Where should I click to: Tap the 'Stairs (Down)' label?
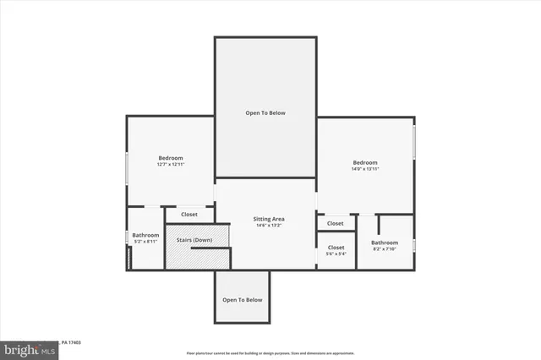pyautogui.click(x=194, y=240)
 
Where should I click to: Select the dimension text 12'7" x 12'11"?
pyautogui.click(x=170, y=165)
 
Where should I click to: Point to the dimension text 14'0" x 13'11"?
pyautogui.click(x=365, y=170)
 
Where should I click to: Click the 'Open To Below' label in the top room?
pyautogui.click(x=265, y=112)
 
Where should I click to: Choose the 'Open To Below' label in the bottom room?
pyautogui.click(x=243, y=300)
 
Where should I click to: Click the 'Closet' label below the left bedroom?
pyautogui.click(x=189, y=215)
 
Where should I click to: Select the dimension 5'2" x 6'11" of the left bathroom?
pyautogui.click(x=145, y=242)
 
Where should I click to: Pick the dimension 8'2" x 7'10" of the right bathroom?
pyautogui.click(x=385, y=249)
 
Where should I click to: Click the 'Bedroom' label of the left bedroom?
pyautogui.click(x=171, y=158)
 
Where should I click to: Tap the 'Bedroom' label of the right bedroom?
pyautogui.click(x=365, y=162)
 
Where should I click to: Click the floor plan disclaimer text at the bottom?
pyautogui.click(x=270, y=352)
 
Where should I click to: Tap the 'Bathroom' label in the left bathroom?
pyautogui.click(x=145, y=235)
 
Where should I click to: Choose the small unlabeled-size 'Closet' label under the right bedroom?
pyautogui.click(x=336, y=224)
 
